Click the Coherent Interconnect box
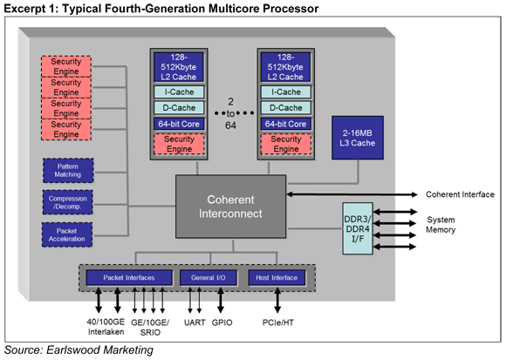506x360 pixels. pos(230,207)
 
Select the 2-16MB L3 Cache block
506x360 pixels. pos(358,138)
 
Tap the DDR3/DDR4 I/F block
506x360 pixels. pos(358,228)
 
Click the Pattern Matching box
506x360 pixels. pos(68,171)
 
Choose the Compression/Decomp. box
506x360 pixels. pos(68,202)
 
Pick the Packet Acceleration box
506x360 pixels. pos(67,234)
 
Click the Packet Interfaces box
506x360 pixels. pos(129,277)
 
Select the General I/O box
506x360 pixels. pos(209,277)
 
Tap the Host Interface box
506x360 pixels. pos(277,277)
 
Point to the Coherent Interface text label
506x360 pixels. pos(460,194)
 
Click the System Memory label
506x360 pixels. pos(441,225)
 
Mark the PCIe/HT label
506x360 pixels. pos(277,323)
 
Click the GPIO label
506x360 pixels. pos(222,323)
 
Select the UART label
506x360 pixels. pos(195,323)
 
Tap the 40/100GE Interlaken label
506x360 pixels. pos(106,327)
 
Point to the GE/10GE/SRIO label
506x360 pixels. pos(150,327)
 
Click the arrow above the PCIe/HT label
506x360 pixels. pos(277,300)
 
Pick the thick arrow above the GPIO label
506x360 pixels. pos(221,300)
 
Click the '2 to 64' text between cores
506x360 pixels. pos(230,113)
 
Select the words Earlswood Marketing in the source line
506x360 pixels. pos(99,350)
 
